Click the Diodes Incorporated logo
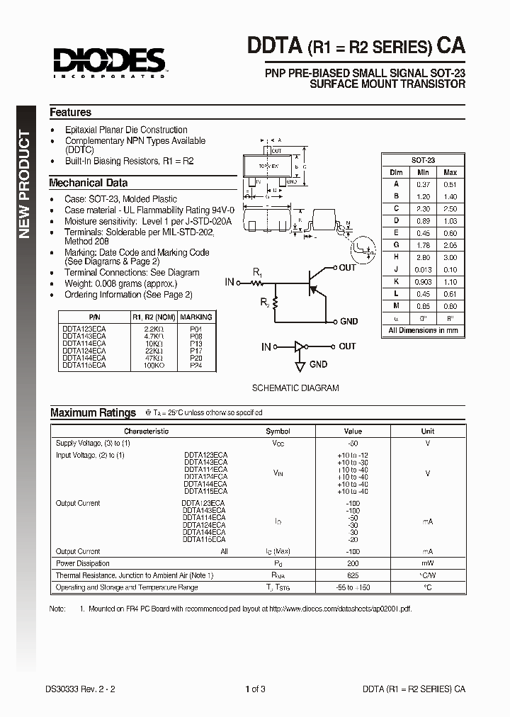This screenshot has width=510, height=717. coord(107,62)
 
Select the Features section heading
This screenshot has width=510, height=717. coord(70,113)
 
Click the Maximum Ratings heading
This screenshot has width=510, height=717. coord(93,412)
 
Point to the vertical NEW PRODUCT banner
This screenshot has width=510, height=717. coord(25,184)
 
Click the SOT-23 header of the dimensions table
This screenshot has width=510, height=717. coord(423,161)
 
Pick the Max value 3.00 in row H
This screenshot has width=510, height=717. coord(450,256)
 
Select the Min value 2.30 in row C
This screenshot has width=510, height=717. coord(423,208)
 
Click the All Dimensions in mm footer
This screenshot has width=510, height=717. coord(423,330)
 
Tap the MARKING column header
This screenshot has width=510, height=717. coord(195,317)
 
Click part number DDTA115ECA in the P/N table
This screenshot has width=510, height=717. coord(84,365)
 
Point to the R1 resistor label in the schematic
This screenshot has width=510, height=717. coord(258,272)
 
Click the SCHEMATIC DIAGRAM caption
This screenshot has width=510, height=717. coord(295,388)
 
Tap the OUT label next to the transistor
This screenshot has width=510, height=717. coord(347,268)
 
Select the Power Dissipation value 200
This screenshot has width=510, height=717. coord(352,563)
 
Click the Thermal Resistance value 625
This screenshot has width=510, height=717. coord(352,575)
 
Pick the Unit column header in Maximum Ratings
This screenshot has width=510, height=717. coord(428,431)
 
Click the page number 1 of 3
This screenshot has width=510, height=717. coord(254,689)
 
